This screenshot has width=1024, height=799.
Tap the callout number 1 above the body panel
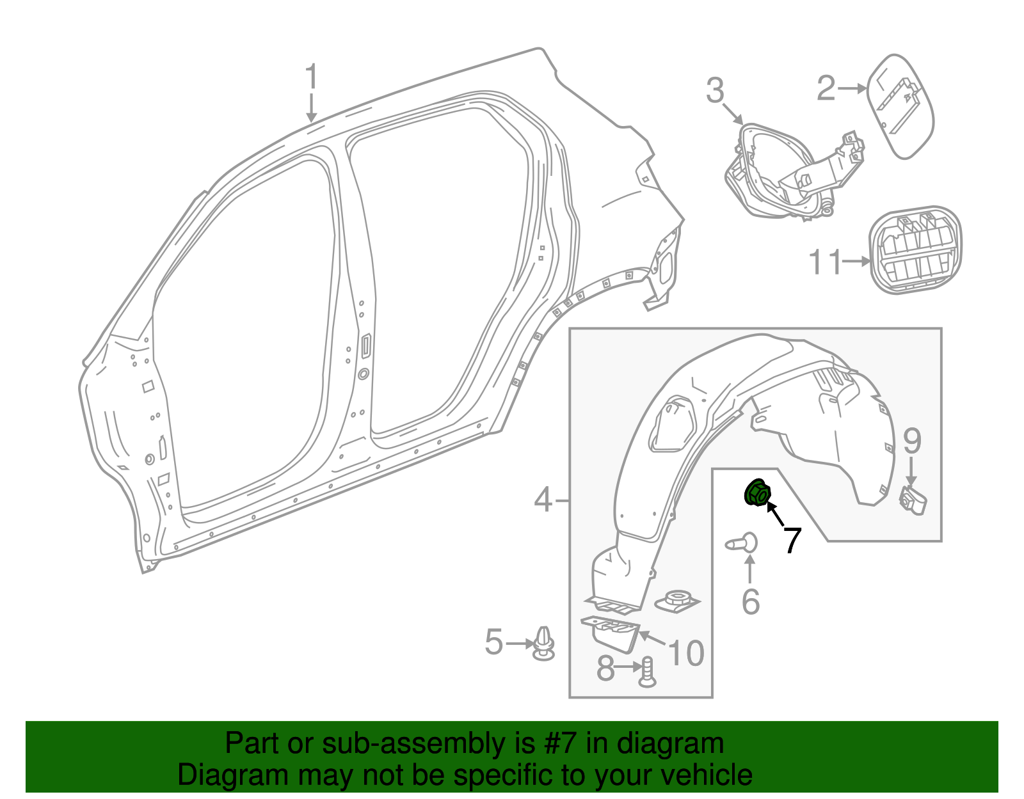click(x=312, y=77)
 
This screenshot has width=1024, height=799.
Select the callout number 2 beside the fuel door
click(x=826, y=88)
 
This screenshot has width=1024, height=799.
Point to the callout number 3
click(x=714, y=90)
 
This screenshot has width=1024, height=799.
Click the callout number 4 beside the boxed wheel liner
click(x=543, y=500)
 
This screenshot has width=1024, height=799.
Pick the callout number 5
click(x=494, y=642)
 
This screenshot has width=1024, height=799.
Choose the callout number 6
click(x=751, y=602)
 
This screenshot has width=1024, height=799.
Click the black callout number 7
click(x=792, y=540)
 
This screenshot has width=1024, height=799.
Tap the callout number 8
click(x=605, y=668)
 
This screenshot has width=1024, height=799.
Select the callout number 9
click(x=912, y=441)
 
